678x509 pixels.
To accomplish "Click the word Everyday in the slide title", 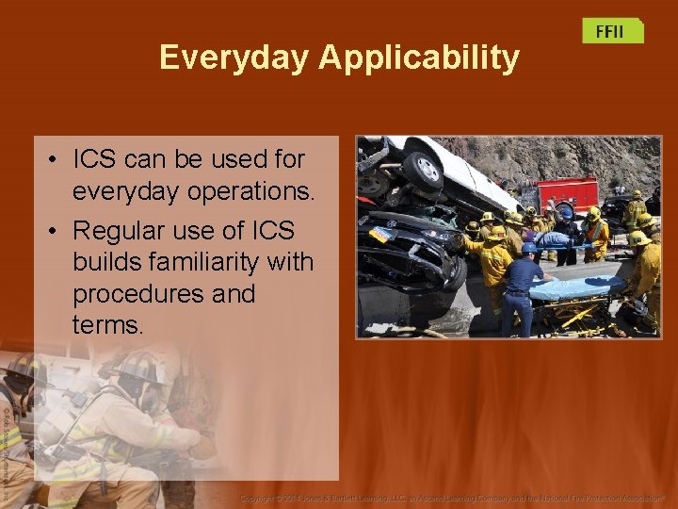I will [x=234, y=57].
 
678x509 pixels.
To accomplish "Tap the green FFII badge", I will [x=611, y=31].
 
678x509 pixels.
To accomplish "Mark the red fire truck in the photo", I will [x=567, y=194].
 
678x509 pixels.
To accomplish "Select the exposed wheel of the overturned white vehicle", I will [x=422, y=171].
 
